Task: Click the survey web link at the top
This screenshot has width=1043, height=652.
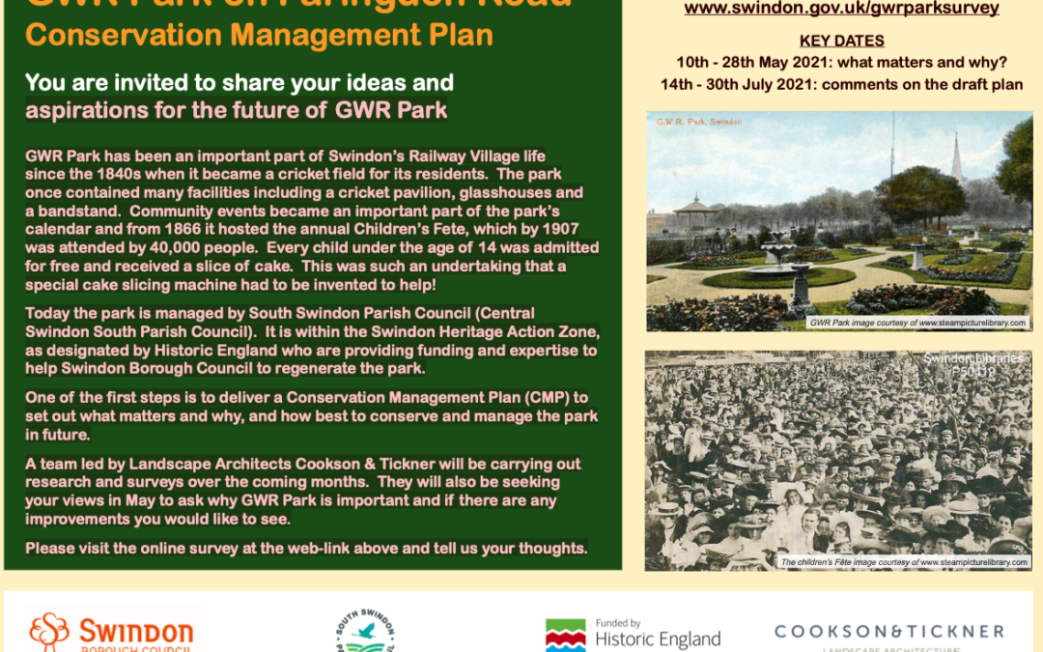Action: point(841,9)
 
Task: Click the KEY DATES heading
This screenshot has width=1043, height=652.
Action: point(842,42)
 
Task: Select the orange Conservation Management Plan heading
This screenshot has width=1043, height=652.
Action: point(259,36)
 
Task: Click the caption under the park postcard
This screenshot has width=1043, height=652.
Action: point(917,323)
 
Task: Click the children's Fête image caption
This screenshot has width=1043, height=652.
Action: point(904,561)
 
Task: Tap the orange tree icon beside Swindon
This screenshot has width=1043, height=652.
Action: point(49,632)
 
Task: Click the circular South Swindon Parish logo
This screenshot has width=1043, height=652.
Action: point(365,632)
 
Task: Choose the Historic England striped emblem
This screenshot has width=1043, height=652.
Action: point(565,636)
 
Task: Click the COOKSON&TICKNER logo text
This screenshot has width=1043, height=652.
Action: point(888,632)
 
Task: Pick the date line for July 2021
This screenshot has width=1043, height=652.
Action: point(841,84)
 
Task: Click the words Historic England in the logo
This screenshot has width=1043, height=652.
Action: point(658,639)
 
